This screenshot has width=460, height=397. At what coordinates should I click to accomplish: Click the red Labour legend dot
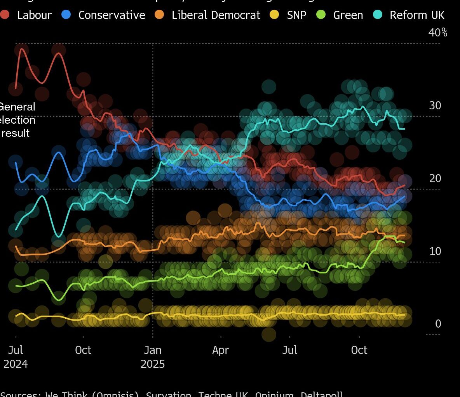5,15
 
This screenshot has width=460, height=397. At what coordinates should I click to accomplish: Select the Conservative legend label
112,15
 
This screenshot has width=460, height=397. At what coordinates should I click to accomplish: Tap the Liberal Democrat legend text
216,15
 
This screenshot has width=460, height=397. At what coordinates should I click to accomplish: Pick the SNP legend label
296,15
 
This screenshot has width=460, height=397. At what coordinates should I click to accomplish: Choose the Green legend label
348,15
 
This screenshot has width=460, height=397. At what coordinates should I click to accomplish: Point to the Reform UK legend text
417,15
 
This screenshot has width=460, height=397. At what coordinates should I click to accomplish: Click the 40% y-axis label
438,33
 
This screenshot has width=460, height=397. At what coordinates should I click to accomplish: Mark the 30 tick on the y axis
435,105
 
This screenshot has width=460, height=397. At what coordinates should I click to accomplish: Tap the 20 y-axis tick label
435,178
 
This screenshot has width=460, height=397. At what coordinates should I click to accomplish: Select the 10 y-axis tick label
435,251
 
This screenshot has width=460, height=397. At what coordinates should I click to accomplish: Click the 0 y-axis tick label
438,324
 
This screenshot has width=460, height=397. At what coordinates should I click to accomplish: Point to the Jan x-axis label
153,350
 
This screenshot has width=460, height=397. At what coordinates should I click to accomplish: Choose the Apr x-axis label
221,350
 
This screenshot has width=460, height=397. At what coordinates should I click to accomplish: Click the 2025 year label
153,364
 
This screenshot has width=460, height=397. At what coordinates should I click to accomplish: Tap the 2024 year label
16,364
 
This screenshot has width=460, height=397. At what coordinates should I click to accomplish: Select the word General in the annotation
17,107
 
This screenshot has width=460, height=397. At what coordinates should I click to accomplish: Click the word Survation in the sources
169,394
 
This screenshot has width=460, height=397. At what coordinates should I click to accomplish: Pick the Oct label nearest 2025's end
359,350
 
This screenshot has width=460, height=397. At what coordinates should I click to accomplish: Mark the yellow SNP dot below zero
269,334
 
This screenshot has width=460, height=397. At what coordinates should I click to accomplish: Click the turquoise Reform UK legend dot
378,15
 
